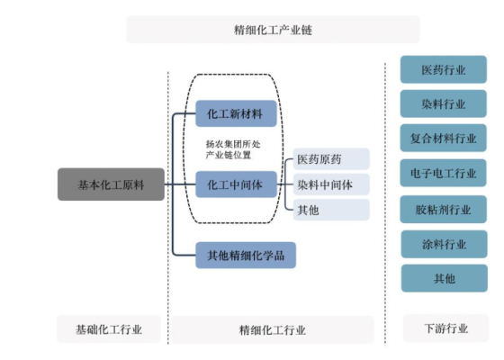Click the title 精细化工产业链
pyautogui.click(x=273, y=30)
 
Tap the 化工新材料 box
pyautogui.click(x=236, y=114)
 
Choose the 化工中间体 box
pyautogui.click(x=236, y=184)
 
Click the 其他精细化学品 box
pyautogui.click(x=246, y=256)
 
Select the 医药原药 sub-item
pyautogui.click(x=330, y=159)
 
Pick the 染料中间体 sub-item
pyautogui.click(x=330, y=184)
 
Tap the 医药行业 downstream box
pyautogui.click(x=444, y=69)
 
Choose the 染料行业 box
pyautogui.click(x=444, y=103)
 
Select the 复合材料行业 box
pyautogui.click(x=444, y=139)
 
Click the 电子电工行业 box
pyautogui.click(x=444, y=174)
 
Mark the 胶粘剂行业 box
pyautogui.click(x=444, y=209)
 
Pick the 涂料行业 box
pyautogui.click(x=444, y=244)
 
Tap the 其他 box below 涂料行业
pyautogui.click(x=444, y=278)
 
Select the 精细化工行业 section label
pyautogui.click(x=273, y=330)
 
